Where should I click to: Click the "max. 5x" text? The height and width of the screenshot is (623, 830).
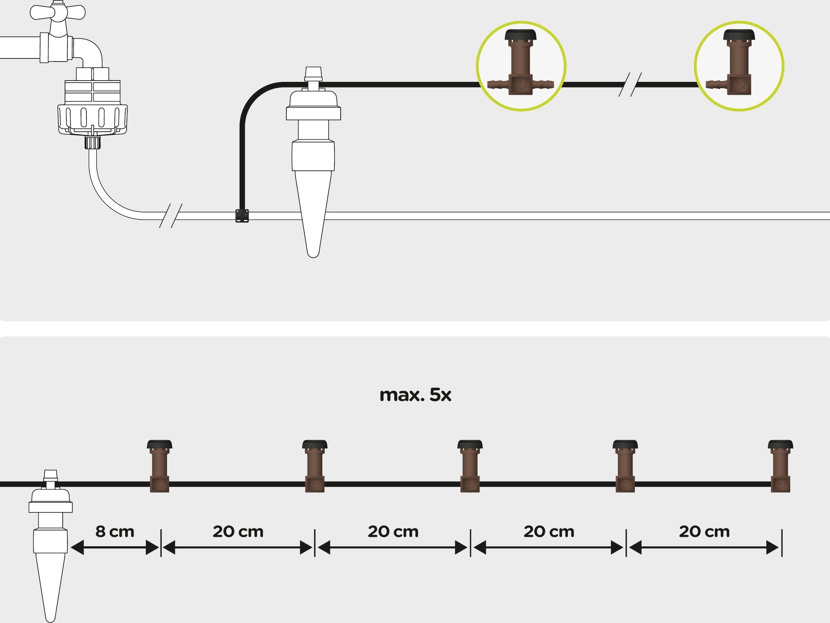pyautogui.click(x=415, y=395)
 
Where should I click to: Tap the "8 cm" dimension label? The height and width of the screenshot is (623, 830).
pyautogui.click(x=114, y=531)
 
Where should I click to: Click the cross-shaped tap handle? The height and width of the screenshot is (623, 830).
pyautogui.click(x=57, y=12)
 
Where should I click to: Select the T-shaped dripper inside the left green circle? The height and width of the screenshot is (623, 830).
pyautogui.click(x=520, y=64)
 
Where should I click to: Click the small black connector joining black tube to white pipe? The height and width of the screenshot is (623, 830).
pyautogui.click(x=242, y=216)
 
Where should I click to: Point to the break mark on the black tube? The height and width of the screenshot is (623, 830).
pyautogui.click(x=630, y=84)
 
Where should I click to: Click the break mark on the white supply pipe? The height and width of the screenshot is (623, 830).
pyautogui.click(x=171, y=216)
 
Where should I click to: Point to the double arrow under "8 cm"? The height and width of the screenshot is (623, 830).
pyautogui.click(x=114, y=548)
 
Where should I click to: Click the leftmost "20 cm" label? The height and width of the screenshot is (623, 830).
pyautogui.click(x=238, y=531)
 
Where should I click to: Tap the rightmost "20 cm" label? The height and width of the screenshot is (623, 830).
pyautogui.click(x=704, y=531)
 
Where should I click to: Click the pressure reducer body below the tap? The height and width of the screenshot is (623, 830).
pyautogui.click(x=92, y=109)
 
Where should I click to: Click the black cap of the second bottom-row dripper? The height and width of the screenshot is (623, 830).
pyautogui.click(x=314, y=445)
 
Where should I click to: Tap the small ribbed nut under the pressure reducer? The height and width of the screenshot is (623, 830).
pyautogui.click(x=92, y=142)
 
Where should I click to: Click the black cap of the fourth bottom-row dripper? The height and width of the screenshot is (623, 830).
pyautogui.click(x=625, y=445)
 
